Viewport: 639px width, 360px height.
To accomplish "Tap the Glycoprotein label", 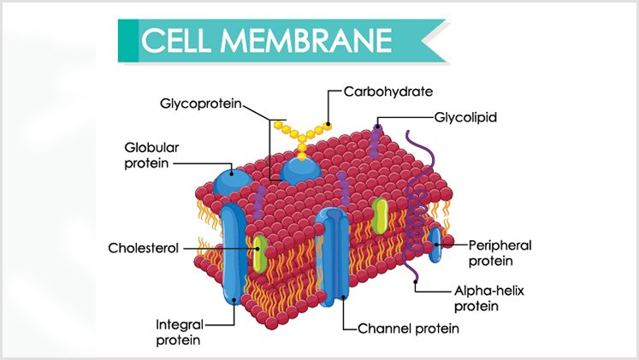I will tap(199, 104).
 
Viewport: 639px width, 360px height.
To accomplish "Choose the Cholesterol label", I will tap(143, 249).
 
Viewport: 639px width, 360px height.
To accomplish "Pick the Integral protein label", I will tap(178, 333).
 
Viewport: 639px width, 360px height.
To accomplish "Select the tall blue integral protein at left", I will tap(232, 252).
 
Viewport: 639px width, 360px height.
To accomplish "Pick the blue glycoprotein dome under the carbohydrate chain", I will tap(301, 168).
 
